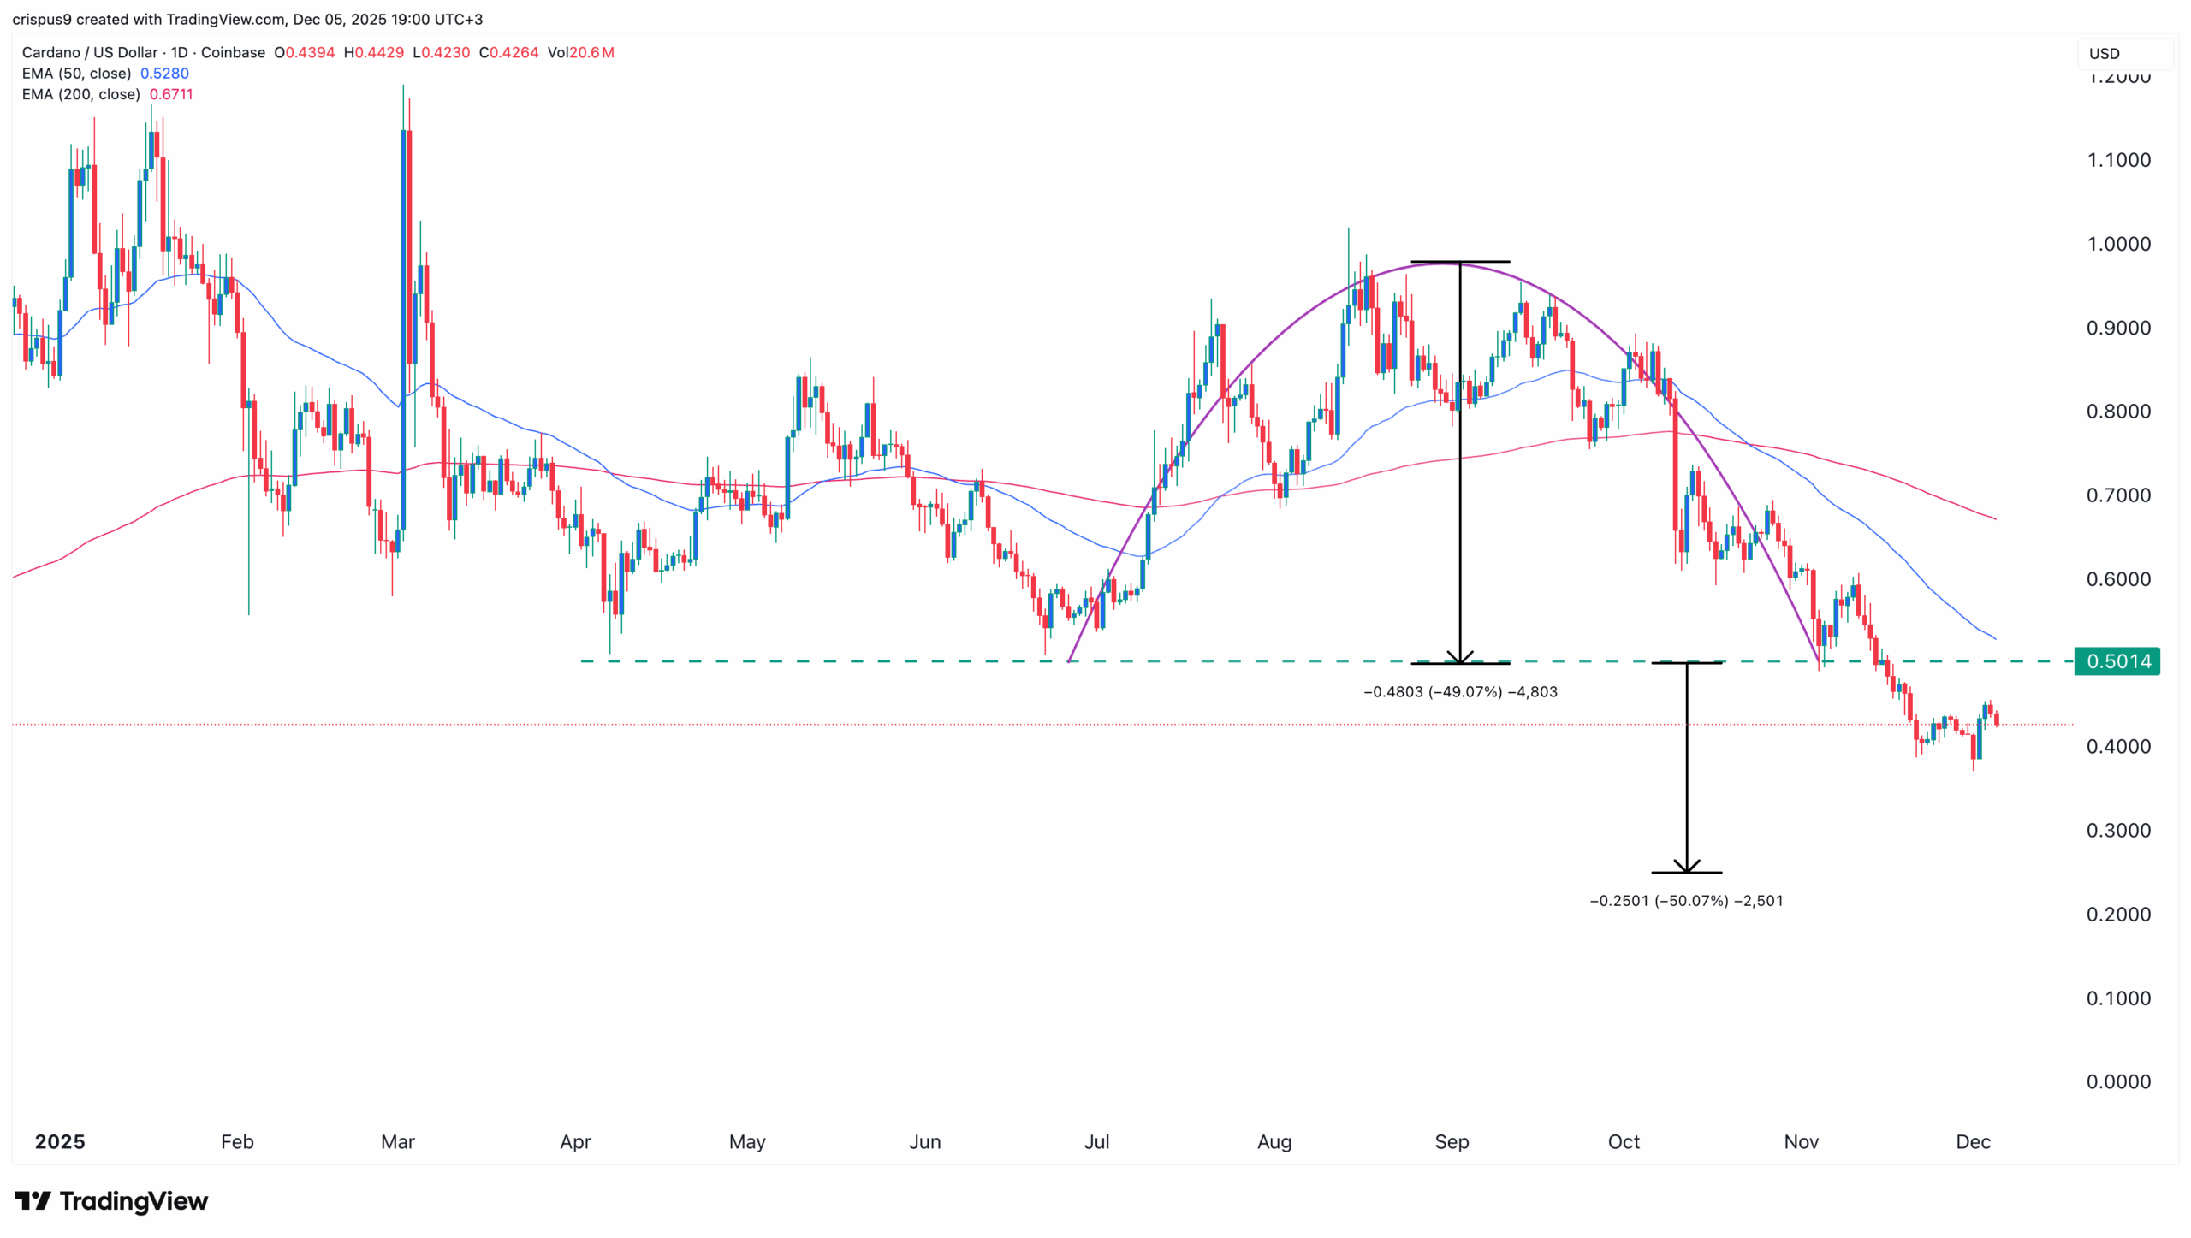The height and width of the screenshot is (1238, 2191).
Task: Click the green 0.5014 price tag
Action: pos(2117,661)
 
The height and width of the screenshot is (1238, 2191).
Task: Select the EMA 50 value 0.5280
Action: pos(164,74)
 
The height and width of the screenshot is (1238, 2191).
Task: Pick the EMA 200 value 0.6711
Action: pos(171,94)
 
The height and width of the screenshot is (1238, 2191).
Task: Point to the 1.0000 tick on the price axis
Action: pos(2117,244)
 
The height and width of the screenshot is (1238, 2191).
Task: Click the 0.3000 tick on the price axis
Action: pos(2117,830)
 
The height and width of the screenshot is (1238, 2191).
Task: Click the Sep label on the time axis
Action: pos(1452,1141)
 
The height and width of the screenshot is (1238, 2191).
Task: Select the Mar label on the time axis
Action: pos(397,1141)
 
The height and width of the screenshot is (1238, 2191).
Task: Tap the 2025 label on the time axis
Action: pos(60,1141)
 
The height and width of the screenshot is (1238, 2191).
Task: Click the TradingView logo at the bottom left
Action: pos(111,1201)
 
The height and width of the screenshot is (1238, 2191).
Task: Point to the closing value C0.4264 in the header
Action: pos(508,52)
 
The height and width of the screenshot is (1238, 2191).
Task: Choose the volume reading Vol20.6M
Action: pos(580,52)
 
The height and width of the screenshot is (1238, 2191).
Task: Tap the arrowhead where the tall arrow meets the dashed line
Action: pos(1460,658)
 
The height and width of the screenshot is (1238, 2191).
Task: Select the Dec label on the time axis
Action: pos(1973,1141)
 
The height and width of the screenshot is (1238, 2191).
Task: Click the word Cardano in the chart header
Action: pos(50,52)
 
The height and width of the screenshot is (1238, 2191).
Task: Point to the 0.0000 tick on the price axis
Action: pos(2117,1081)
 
